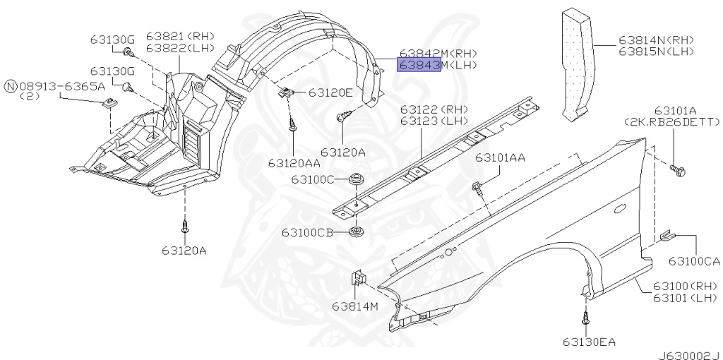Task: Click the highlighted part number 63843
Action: point(419,65)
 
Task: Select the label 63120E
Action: point(330,92)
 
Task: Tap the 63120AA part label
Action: point(294,163)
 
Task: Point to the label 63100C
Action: point(313,179)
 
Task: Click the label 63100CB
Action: point(308,232)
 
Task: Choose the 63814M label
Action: point(355,306)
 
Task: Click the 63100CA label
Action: point(695,261)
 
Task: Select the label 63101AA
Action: point(501,157)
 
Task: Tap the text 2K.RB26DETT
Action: point(672,121)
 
